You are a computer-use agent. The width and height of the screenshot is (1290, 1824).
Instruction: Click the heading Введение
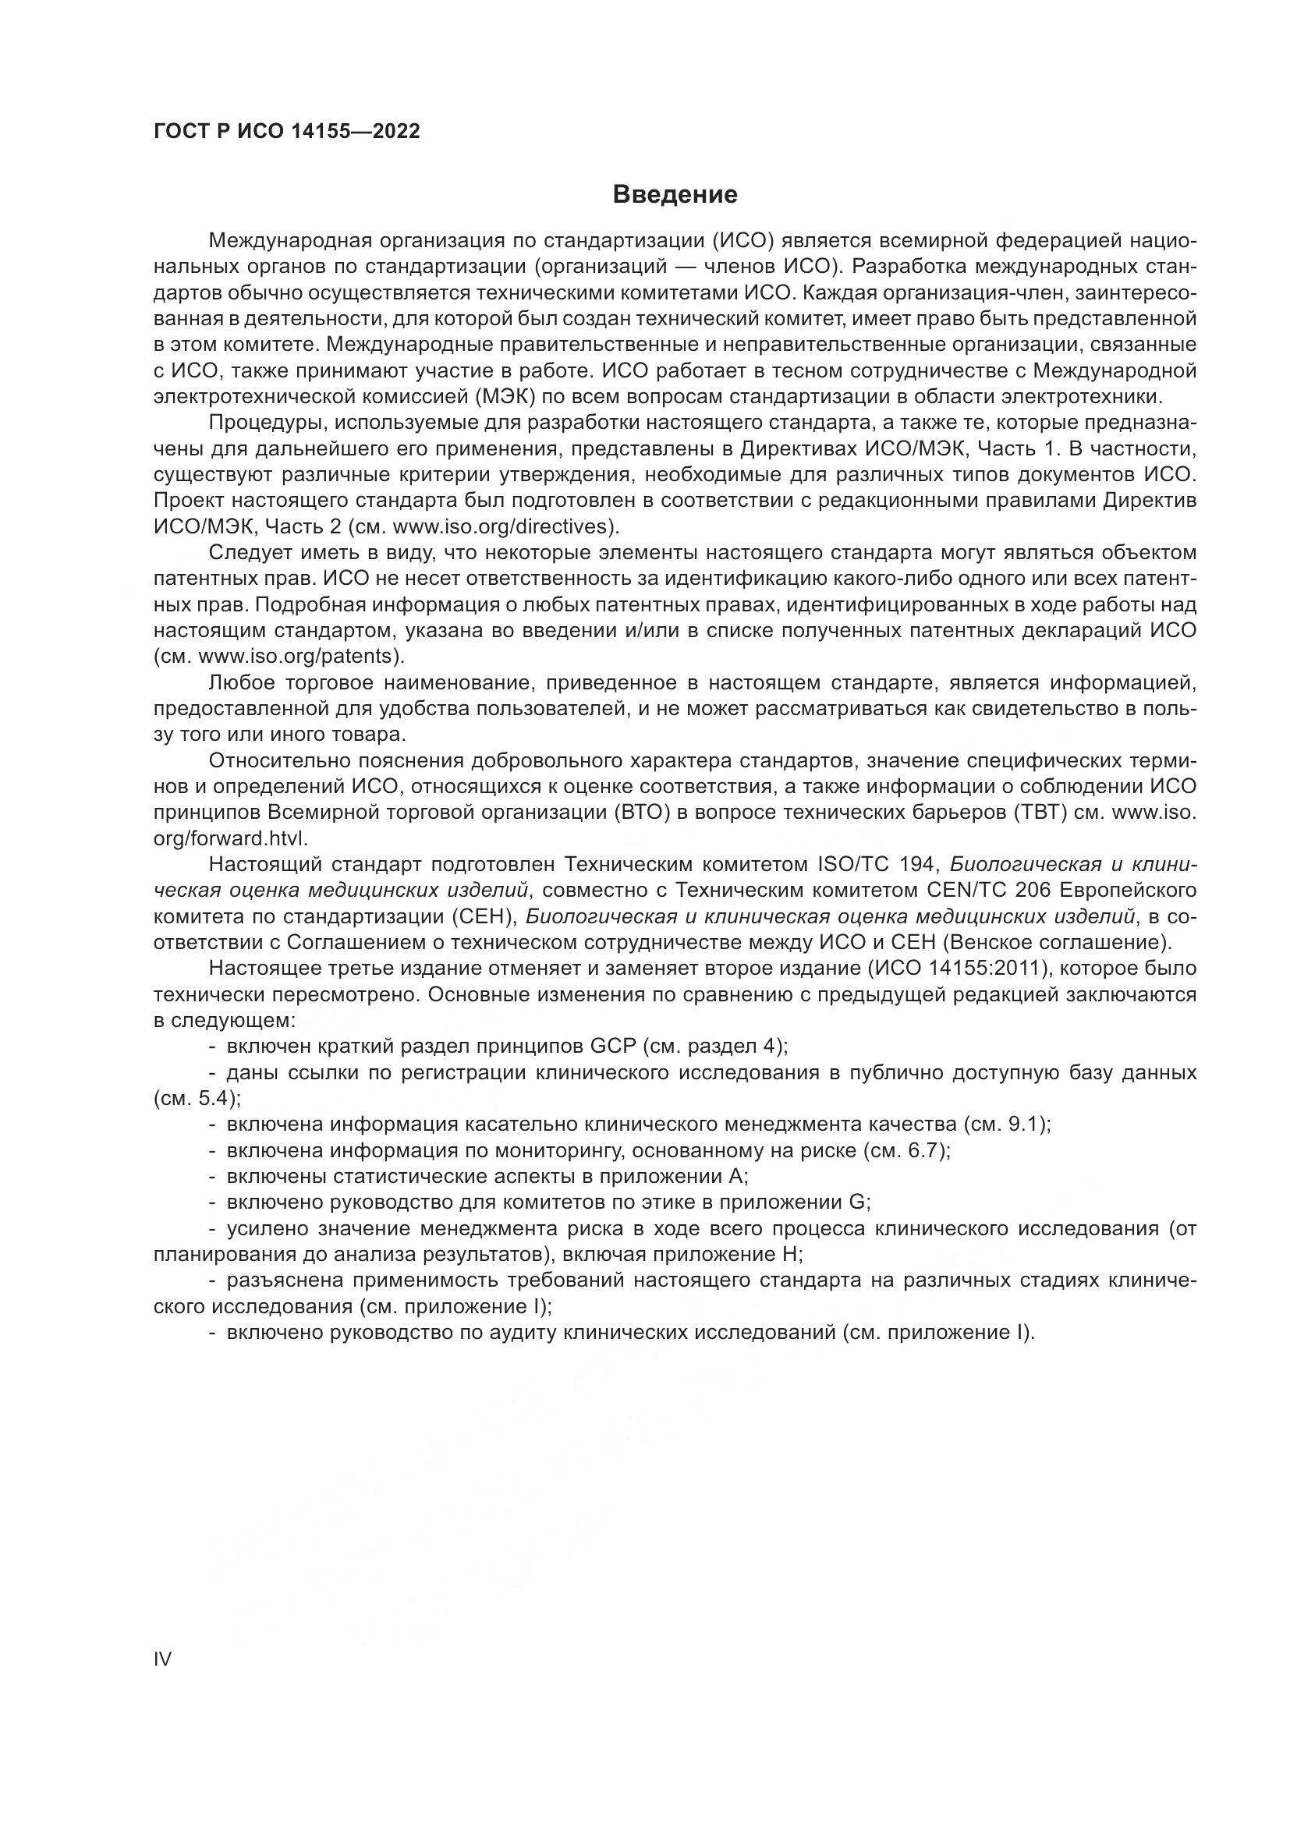(675, 195)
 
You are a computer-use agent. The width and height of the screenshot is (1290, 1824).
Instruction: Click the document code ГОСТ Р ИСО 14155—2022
(287, 132)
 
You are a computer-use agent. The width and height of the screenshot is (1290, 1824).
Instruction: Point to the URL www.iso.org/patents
(296, 656)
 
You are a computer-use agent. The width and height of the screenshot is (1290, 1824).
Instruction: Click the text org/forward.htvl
(230, 838)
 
